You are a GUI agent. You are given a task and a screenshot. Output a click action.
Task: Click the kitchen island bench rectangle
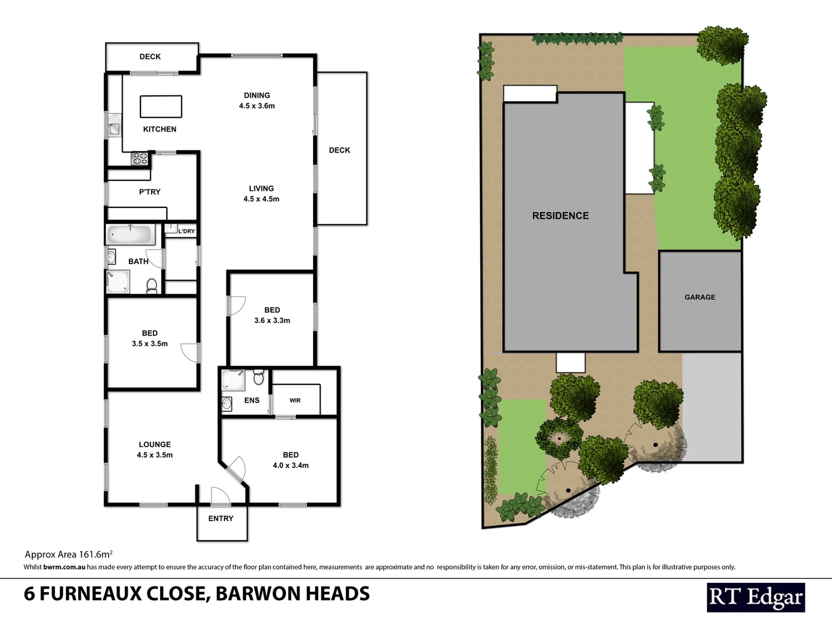click(x=161, y=107)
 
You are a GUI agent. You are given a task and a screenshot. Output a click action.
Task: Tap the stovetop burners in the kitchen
click(x=140, y=158)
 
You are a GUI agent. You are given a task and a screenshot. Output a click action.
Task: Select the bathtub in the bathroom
click(x=131, y=235)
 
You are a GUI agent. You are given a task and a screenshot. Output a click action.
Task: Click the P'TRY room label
click(x=150, y=192)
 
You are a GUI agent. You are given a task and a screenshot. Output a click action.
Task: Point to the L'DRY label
click(x=186, y=231)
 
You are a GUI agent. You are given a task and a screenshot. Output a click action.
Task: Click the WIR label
click(x=295, y=400)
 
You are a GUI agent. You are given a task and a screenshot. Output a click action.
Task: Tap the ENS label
click(x=252, y=400)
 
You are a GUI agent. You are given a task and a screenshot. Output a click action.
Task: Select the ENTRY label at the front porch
click(x=221, y=518)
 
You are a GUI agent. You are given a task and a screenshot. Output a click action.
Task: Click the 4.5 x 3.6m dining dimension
click(x=257, y=106)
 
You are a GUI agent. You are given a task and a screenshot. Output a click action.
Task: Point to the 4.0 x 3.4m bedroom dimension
click(x=291, y=465)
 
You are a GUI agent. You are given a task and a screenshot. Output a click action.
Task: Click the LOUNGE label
click(x=155, y=444)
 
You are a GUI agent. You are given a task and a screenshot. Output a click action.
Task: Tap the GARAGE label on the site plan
click(x=700, y=297)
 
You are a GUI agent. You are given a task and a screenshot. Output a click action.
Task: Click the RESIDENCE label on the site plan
click(x=560, y=216)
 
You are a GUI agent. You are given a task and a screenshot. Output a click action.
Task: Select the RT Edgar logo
click(x=756, y=597)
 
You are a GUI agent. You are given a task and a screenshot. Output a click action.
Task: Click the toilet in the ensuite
click(x=259, y=378)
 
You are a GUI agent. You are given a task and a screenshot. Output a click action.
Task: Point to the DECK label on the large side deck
click(x=340, y=150)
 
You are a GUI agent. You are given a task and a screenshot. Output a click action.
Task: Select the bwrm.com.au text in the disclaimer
click(x=64, y=567)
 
